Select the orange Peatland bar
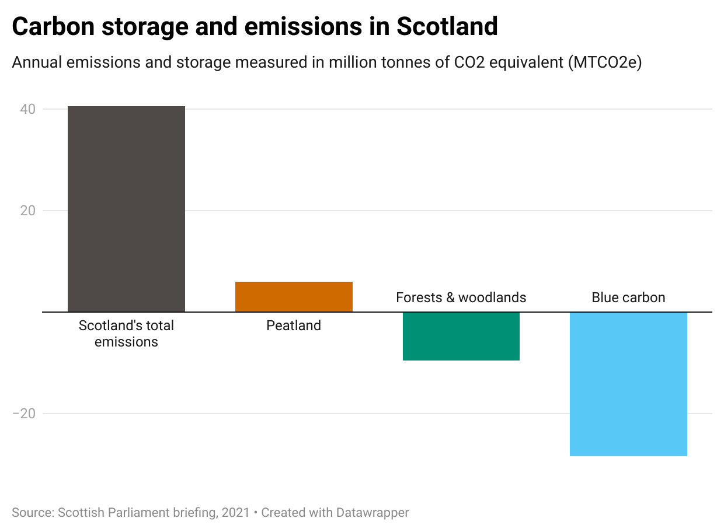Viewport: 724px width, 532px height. [x=294, y=296]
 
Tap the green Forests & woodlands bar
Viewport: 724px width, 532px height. [x=461, y=336]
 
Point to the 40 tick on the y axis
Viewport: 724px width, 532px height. [x=28, y=109]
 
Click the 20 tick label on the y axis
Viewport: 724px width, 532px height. [x=28, y=211]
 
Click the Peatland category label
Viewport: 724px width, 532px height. [x=294, y=325]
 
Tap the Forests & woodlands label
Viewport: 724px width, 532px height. [x=461, y=297]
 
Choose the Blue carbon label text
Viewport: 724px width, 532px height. [x=628, y=297]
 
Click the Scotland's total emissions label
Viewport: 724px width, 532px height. [x=126, y=333]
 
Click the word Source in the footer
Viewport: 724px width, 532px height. [x=32, y=513]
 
